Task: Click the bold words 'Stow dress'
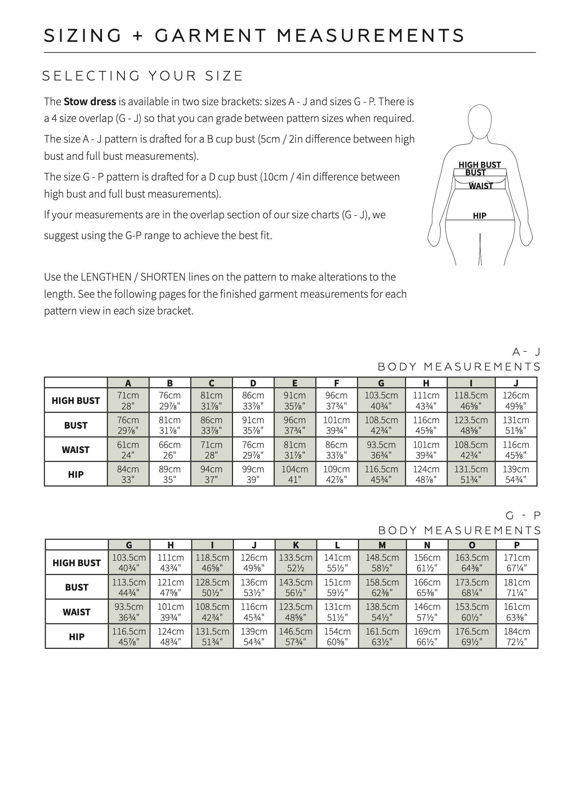(x=90, y=102)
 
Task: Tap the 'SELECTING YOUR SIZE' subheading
(x=142, y=76)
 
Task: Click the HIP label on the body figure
(x=479, y=216)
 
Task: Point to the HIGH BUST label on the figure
(x=479, y=165)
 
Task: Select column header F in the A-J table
(x=337, y=383)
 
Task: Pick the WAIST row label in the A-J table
(x=76, y=450)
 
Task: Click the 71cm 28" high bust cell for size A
(x=128, y=400)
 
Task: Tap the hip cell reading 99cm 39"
(x=253, y=474)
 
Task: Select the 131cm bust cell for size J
(x=516, y=425)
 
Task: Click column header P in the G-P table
(x=517, y=545)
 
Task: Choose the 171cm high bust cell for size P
(x=517, y=563)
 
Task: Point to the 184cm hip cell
(x=517, y=636)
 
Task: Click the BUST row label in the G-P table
(x=76, y=587)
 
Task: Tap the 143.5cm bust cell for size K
(x=296, y=587)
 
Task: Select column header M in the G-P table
(x=382, y=545)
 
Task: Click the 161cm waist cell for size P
(x=517, y=612)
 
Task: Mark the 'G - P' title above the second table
(x=523, y=515)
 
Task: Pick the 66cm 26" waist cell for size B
(x=170, y=450)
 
